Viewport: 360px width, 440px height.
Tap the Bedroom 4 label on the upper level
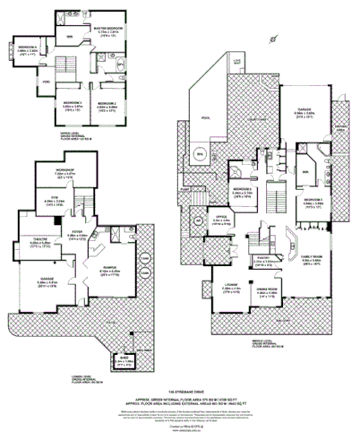pos(29,46)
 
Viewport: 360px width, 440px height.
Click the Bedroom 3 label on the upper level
pos(73,105)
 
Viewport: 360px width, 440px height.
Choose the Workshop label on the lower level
pos(62,168)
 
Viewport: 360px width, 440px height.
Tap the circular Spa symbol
pos(199,155)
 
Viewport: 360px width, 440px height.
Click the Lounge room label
pos(231,288)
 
